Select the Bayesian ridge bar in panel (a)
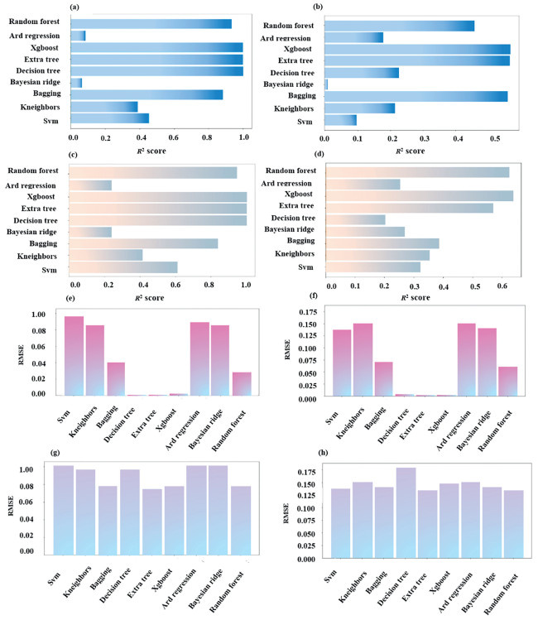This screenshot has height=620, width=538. click(77, 83)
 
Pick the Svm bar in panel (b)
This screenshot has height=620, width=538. click(340, 120)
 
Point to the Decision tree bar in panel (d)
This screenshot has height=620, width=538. click(355, 219)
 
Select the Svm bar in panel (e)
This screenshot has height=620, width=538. click(74, 356)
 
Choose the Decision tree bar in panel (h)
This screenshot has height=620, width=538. click(406, 513)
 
